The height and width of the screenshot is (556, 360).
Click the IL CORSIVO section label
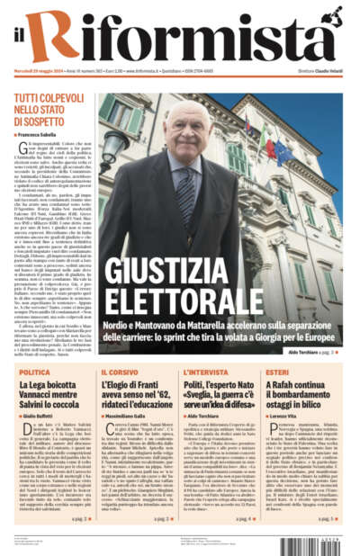[x=116, y=372]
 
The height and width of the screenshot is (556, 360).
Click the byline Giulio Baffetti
[x=39, y=417]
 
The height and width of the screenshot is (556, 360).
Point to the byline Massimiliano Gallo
[x=126, y=417]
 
